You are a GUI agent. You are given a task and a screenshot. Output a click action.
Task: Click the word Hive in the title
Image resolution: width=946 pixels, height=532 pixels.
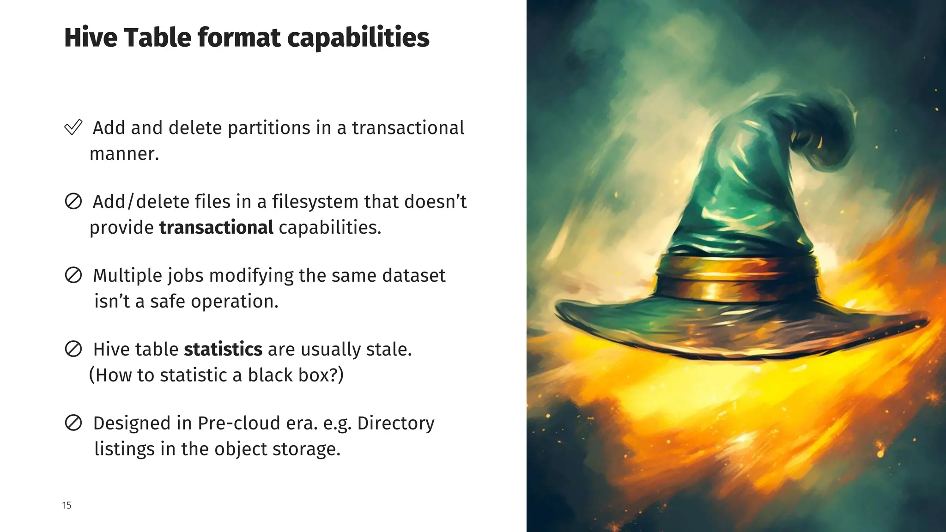(x=90, y=37)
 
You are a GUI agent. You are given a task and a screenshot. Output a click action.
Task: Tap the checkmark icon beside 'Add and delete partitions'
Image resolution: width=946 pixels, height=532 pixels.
(x=73, y=127)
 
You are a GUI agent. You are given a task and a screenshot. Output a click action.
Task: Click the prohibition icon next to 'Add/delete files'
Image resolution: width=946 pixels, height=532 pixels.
(x=73, y=201)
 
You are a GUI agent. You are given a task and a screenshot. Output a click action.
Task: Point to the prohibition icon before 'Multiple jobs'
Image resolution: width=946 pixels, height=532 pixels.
(x=73, y=275)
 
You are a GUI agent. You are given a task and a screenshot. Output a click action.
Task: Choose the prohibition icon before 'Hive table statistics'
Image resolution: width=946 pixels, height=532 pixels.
(x=73, y=349)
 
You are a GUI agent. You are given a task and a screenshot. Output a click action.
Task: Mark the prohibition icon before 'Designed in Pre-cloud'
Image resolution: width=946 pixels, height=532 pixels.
(x=73, y=423)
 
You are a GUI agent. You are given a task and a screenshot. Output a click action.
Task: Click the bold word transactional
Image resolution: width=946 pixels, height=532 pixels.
(x=216, y=228)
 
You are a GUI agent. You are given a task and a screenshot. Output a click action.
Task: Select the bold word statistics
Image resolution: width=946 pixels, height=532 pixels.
(x=223, y=349)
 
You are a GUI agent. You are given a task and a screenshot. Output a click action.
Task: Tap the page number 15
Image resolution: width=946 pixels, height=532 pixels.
(x=67, y=506)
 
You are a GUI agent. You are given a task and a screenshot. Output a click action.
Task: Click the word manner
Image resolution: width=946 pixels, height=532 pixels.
(x=124, y=154)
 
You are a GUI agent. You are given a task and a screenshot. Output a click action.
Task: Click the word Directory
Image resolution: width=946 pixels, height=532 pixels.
(x=395, y=423)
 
